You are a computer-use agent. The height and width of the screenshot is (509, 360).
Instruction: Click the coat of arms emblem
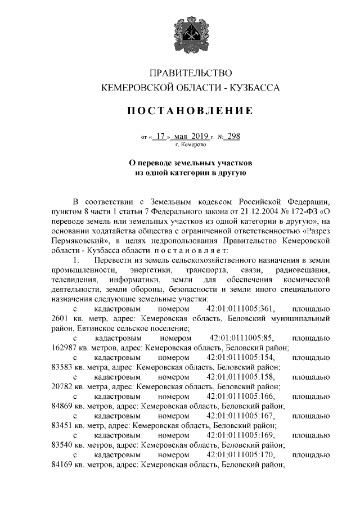(x=180, y=34)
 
